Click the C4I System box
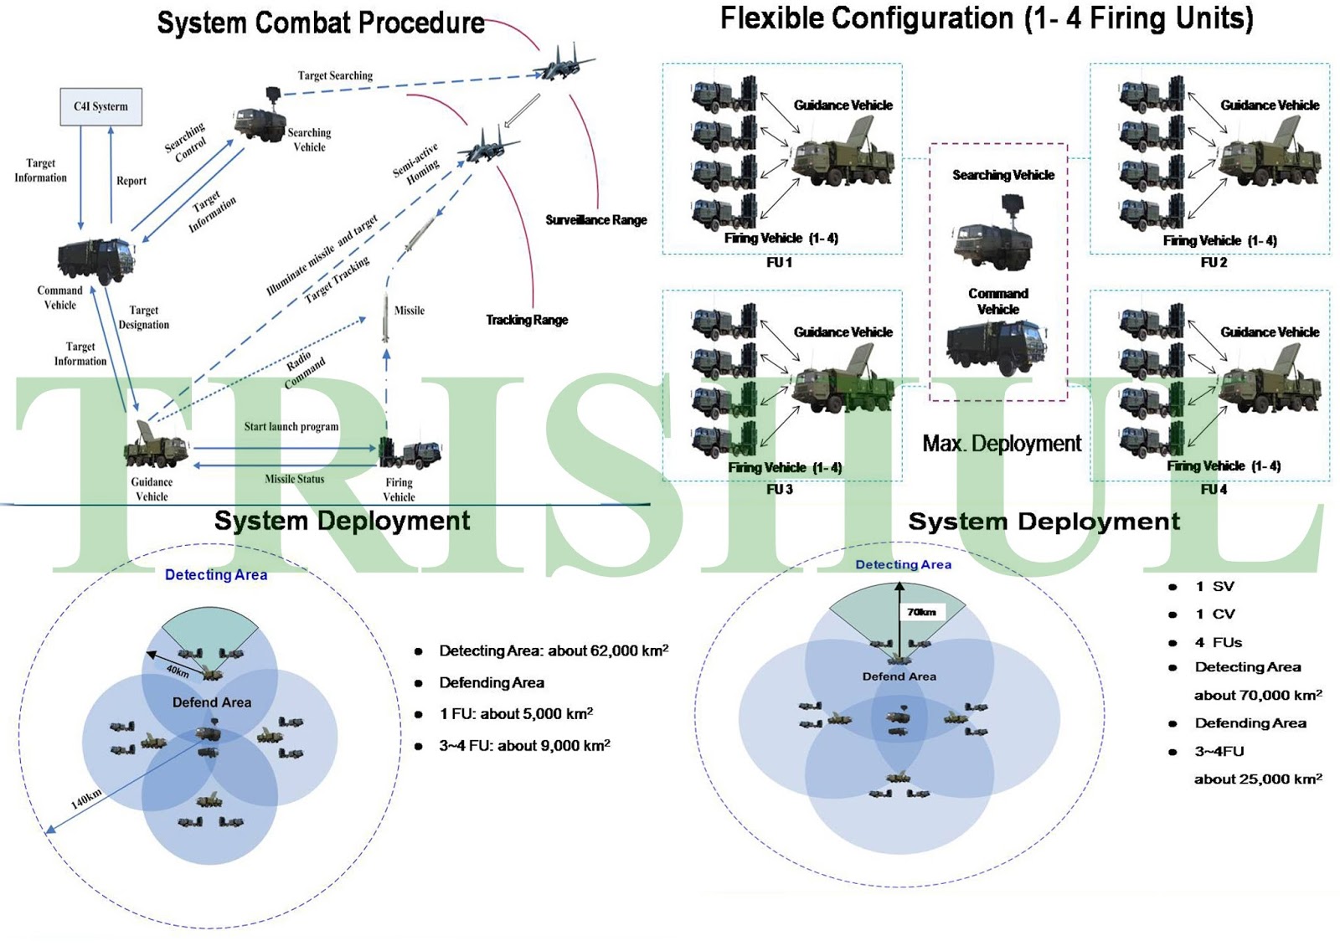[x=100, y=106]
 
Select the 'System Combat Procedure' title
[x=320, y=23]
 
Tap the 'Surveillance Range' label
[x=595, y=220]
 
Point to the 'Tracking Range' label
[x=527, y=320]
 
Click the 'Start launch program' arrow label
[x=291, y=427]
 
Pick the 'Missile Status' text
[x=294, y=479]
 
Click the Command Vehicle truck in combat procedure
[x=95, y=260]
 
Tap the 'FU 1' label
[x=779, y=263]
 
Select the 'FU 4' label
[x=1213, y=490]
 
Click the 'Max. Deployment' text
[x=1002, y=444]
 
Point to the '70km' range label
[x=921, y=612]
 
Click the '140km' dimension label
[x=85, y=798]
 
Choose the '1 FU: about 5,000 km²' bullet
[x=516, y=714]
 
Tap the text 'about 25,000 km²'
[x=1258, y=779]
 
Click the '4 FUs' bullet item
[x=1218, y=643]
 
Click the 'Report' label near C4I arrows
[x=131, y=181]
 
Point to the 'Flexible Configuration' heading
[x=986, y=18]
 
